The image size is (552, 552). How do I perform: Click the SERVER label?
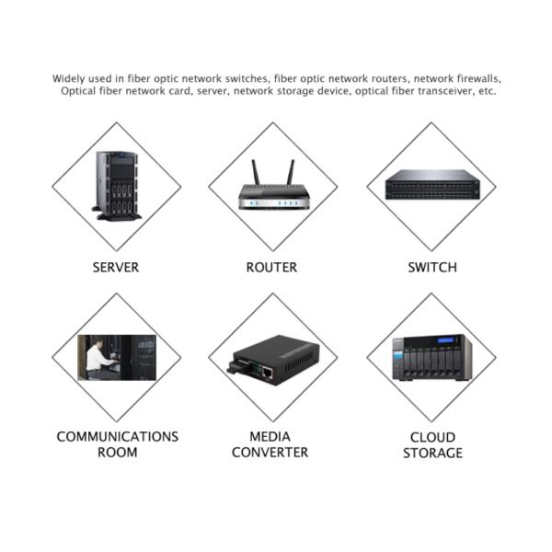pos(116,268)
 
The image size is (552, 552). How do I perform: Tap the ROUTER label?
pos(271,268)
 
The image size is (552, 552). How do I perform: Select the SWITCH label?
pos(431,268)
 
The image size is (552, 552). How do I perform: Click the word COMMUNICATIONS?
pos(117,436)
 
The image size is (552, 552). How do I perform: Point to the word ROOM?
pos(117,452)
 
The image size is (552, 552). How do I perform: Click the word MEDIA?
pos(270,436)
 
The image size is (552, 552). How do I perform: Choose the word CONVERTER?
pos(270,452)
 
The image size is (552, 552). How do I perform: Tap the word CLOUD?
pos(431,437)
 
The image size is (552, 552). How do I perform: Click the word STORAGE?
pos(431,453)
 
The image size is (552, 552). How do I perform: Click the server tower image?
pos(117,185)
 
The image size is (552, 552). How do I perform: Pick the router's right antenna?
pos(290,172)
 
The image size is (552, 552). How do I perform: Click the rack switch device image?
pos(431,184)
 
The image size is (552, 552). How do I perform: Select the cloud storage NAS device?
pos(431,358)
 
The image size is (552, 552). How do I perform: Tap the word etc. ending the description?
pos(487,91)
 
